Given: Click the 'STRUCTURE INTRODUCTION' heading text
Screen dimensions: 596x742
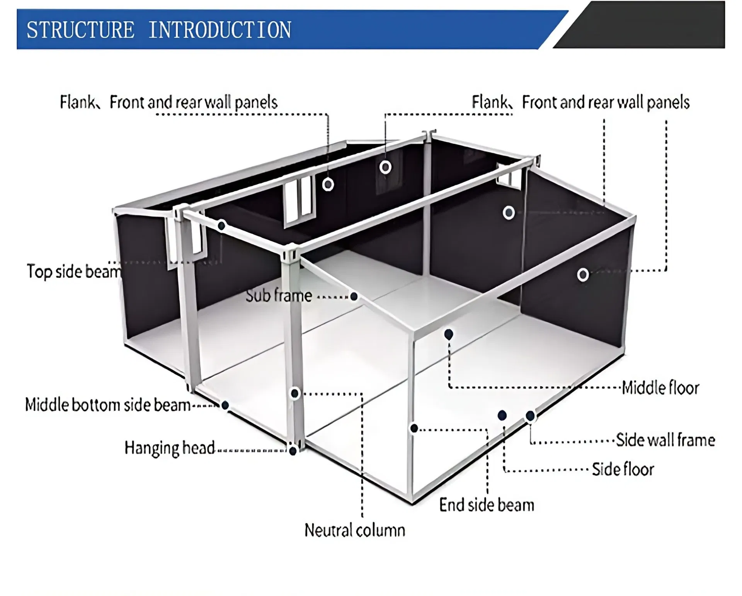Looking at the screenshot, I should coord(158,30).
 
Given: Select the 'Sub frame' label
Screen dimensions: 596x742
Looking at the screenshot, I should coord(279,296).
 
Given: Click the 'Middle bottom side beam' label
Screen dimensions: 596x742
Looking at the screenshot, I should coord(108,405).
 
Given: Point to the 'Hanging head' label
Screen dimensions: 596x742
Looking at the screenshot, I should coord(169,448).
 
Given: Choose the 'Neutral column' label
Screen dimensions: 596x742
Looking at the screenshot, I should coord(354,530).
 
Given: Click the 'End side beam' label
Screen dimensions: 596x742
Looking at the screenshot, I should coord(487,505).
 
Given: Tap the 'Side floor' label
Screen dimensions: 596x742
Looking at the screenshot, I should coord(623,470).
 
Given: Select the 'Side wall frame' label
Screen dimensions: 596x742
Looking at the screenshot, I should coord(665,440).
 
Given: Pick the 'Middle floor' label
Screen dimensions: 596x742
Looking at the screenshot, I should coord(660,388).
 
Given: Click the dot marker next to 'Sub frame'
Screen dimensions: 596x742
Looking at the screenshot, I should coord(354,297).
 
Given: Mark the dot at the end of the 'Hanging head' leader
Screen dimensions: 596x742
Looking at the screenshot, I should coord(293,451).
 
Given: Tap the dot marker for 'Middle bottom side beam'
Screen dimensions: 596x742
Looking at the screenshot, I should coord(225,405).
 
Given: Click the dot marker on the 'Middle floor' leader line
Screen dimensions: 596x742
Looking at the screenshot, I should coord(449,335).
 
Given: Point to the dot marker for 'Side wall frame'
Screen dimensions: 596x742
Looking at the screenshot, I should coord(530,416).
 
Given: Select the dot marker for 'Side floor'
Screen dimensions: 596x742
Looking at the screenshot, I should coord(502,416).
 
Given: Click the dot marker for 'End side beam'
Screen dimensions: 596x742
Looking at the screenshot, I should coord(414,428).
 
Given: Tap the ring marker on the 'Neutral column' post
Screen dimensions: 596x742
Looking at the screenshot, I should coord(295,394).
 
